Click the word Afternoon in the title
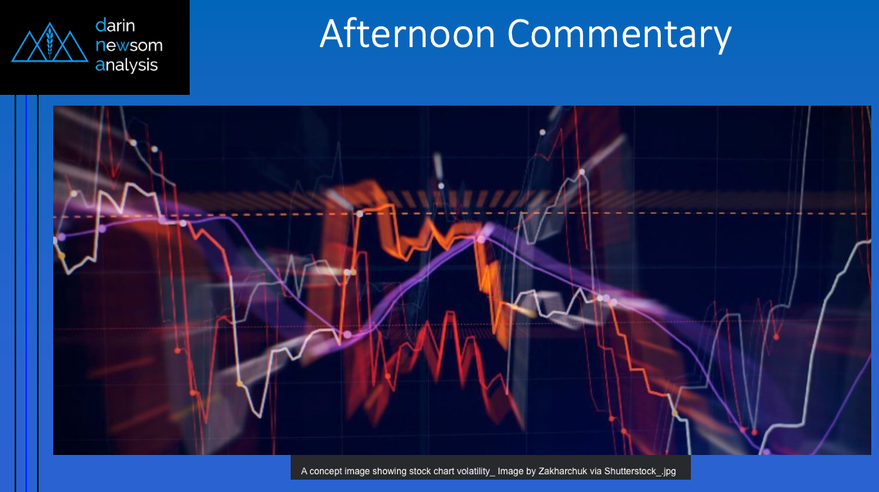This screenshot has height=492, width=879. coord(407,34)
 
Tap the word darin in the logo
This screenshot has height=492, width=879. coord(115,25)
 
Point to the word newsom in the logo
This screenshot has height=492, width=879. coord(129,45)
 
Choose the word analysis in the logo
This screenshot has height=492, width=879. coord(126,65)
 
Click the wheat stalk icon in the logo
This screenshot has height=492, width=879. coord(50,42)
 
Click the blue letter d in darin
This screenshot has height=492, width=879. coord(100,25)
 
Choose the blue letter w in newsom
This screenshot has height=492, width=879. coord(123,45)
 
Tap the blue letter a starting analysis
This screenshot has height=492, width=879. coord(100,66)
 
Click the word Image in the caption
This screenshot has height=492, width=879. coord(510,472)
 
